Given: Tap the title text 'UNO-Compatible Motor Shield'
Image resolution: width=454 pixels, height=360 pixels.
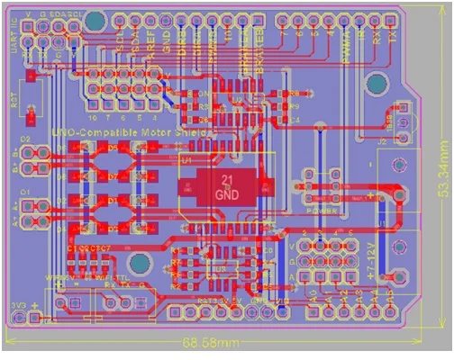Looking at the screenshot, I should (x=132, y=132).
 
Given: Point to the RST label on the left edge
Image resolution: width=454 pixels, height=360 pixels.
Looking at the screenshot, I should (x=14, y=99).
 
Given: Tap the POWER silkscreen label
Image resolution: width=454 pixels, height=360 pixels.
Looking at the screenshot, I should (x=322, y=210).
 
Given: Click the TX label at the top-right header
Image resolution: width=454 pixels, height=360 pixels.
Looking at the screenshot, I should (x=392, y=40).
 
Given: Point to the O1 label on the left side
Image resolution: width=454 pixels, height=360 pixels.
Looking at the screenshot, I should (x=25, y=192).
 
